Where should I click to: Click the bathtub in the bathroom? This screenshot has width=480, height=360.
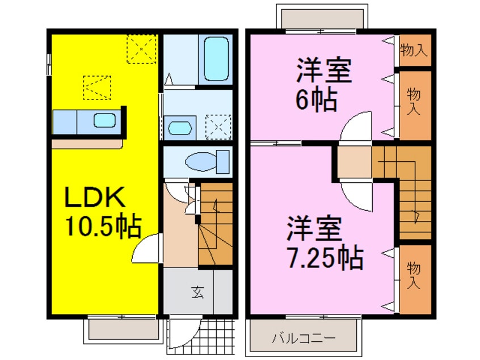pyautogui.click(x=216, y=60)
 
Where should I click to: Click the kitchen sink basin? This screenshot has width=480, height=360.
pyautogui.click(x=104, y=120)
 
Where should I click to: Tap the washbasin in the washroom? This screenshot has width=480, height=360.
pyautogui.click(x=181, y=127)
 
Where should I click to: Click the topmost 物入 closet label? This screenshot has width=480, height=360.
pyautogui.click(x=413, y=50)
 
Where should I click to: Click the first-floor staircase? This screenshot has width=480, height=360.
pyautogui.click(x=216, y=224)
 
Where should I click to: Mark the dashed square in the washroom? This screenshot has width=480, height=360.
pyautogui.click(x=218, y=126)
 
